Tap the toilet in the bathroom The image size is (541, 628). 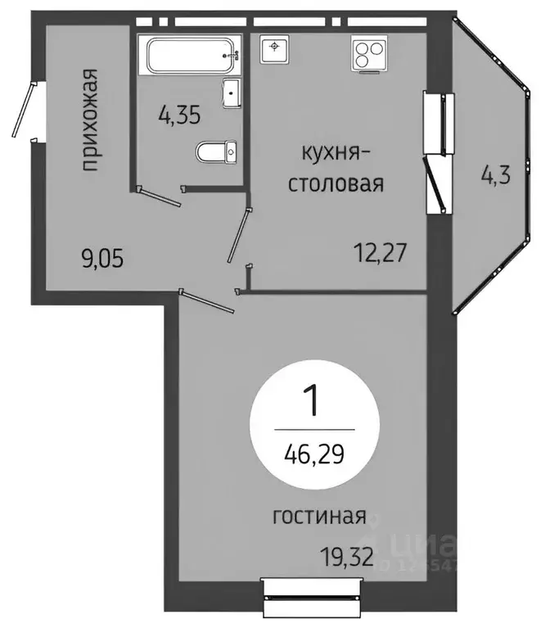tap(217, 151)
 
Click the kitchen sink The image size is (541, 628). tap(274, 50)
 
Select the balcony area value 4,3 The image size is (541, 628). tap(494, 176)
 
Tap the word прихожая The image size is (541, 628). tap(92, 121)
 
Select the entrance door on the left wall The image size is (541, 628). tap(23, 110)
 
